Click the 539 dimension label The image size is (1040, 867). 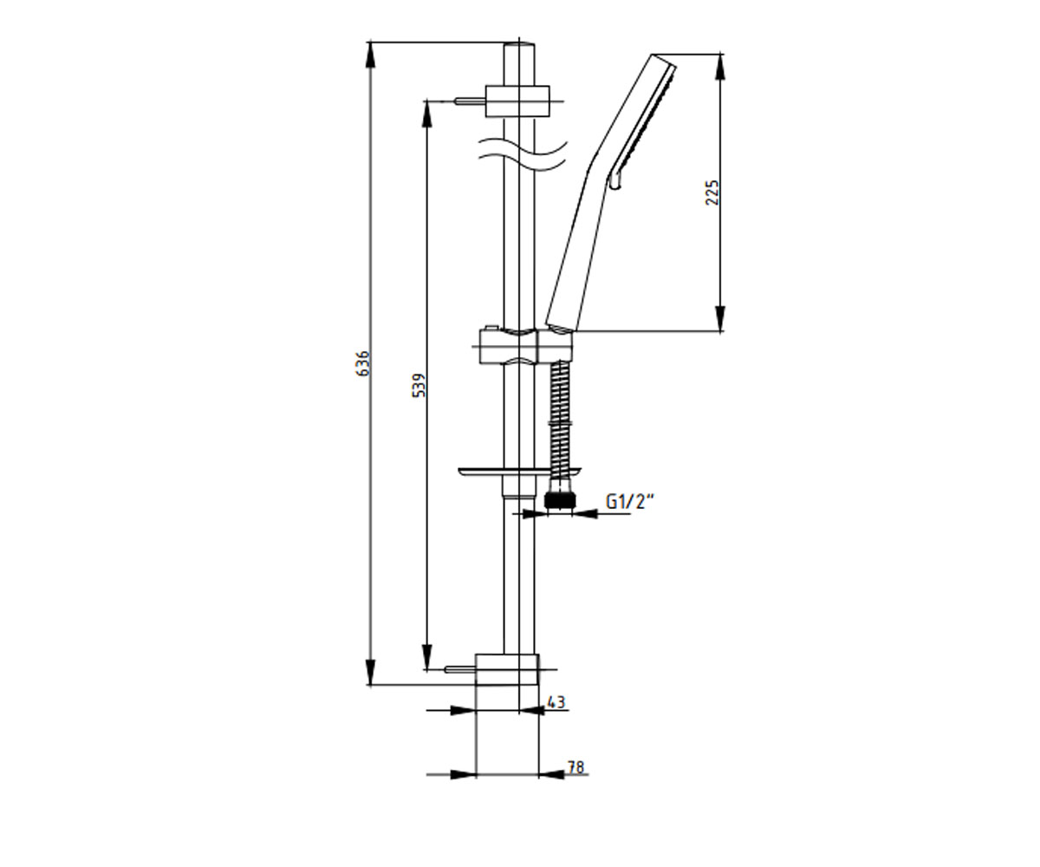[x=419, y=385]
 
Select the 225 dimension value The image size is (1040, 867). [x=712, y=192]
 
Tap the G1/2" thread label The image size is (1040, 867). [x=629, y=501]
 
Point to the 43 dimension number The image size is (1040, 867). [x=556, y=702]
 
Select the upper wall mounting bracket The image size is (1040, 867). [x=517, y=101]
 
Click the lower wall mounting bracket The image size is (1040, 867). [x=507, y=669]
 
